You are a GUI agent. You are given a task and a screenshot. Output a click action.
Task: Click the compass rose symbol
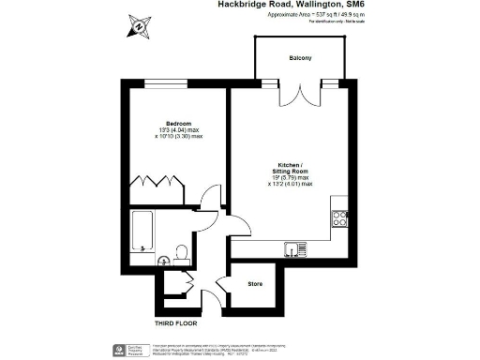coord(138,26)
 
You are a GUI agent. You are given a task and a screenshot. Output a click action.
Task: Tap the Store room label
coord(254,282)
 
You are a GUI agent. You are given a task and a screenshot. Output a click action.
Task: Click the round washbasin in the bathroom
coord(161,262)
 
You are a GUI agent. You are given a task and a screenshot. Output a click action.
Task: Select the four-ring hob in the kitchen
coord(338,217)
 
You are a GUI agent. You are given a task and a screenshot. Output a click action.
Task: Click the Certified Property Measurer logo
coord(132,350)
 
